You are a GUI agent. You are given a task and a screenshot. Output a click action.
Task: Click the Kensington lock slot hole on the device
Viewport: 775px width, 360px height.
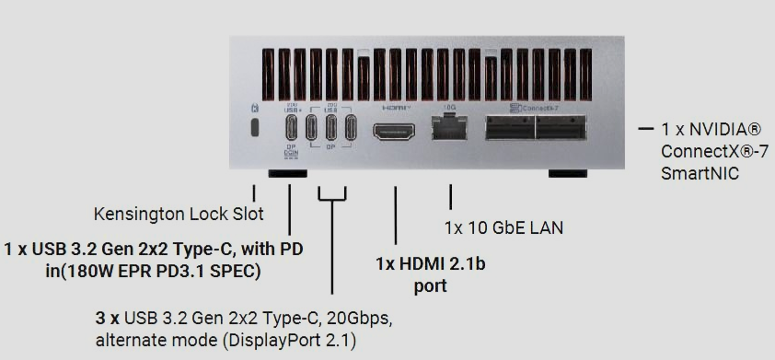[255, 127]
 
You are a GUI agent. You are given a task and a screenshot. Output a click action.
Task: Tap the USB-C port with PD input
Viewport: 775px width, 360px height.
[290, 128]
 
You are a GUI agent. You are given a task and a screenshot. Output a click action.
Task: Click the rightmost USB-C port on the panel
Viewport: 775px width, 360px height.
[351, 128]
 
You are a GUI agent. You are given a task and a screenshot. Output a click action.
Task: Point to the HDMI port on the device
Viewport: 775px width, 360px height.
[394, 131]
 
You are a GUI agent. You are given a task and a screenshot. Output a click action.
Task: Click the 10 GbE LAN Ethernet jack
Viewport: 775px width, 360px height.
[450, 130]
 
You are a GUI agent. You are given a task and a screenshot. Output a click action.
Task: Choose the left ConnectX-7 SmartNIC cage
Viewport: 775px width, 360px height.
[509, 128]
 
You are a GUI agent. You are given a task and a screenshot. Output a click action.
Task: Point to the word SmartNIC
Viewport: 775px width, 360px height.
[700, 172]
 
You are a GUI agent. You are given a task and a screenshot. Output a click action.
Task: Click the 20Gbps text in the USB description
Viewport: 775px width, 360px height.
[357, 319]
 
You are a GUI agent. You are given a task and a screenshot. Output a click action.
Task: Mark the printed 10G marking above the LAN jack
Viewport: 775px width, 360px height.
[450, 108]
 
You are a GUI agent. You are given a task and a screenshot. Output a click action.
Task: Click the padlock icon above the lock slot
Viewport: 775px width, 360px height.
[254, 109]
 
